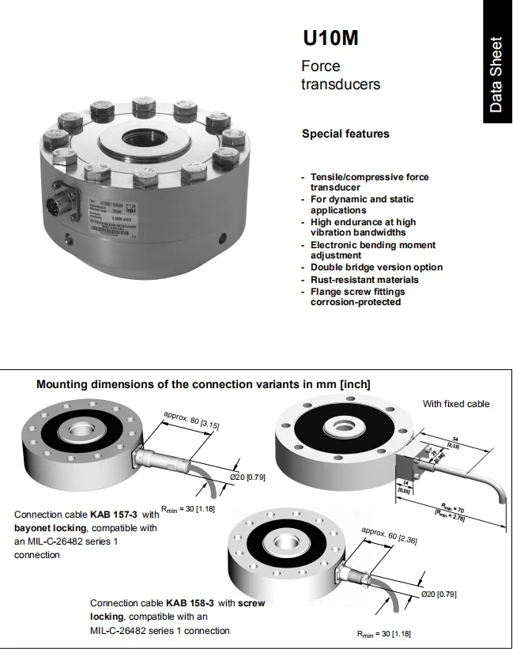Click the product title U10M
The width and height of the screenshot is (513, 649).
(330, 38)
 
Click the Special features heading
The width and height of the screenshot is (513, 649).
(345, 134)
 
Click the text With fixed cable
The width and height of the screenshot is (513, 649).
(456, 404)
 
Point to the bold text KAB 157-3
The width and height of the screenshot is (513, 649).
(114, 514)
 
